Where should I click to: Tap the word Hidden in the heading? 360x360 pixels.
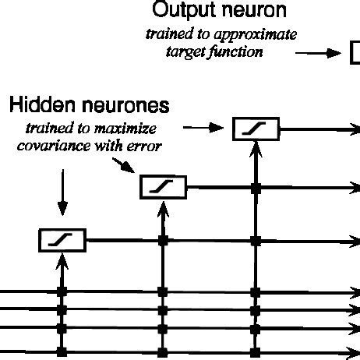click(x=39, y=104)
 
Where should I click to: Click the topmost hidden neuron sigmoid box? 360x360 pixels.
click(x=256, y=129)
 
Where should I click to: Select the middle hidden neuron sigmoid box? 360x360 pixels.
click(x=162, y=186)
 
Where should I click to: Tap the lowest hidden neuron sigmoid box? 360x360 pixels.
click(x=62, y=241)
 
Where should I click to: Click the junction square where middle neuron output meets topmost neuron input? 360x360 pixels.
click(x=256, y=187)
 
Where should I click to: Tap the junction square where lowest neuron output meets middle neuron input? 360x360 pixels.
click(x=162, y=242)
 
